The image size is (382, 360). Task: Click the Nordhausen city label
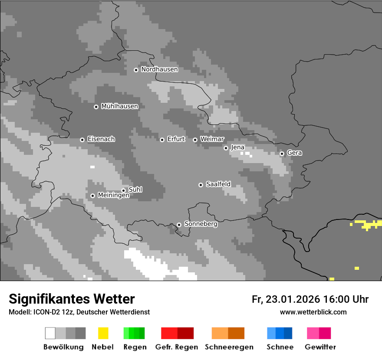(159, 69)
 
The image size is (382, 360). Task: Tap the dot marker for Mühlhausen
(96, 107)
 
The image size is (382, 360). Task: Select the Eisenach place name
(101, 139)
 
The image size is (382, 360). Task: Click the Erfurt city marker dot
(162, 140)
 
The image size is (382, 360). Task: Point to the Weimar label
(212, 139)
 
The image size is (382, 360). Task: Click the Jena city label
(237, 147)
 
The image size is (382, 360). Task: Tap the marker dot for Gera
(282, 154)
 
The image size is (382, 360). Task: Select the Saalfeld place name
(218, 184)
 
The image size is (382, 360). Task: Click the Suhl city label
(135, 190)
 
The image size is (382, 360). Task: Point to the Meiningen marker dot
(92, 196)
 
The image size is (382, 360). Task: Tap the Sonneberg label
(201, 224)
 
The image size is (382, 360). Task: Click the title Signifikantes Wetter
(72, 299)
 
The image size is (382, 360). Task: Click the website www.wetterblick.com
(313, 312)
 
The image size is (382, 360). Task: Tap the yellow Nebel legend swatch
(103, 333)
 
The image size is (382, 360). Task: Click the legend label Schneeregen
(229, 347)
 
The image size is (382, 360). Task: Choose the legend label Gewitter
(320, 347)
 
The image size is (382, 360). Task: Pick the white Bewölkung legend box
(50, 333)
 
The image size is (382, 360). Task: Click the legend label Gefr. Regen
(176, 347)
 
